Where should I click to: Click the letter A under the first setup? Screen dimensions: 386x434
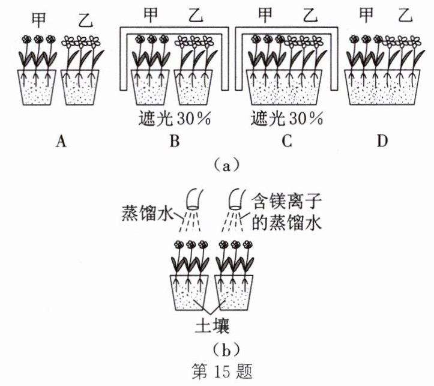(59, 141)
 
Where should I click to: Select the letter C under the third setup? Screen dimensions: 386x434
(286, 141)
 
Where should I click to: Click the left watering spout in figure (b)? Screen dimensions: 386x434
(194, 199)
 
